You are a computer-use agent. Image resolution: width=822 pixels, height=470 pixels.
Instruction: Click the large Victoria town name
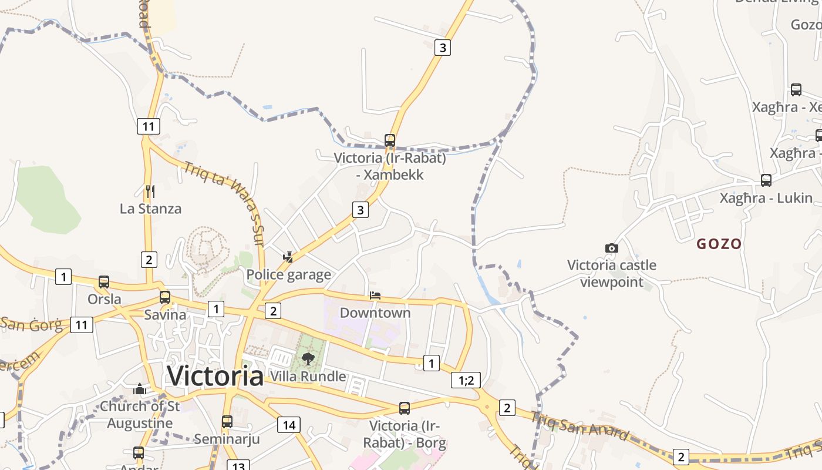[x=215, y=376]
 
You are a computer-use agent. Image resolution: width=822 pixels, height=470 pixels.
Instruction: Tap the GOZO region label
[x=719, y=244]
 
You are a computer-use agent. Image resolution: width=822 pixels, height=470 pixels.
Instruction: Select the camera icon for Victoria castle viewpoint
[x=612, y=249]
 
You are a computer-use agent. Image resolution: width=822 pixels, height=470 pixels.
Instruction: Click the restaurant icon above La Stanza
[x=150, y=191]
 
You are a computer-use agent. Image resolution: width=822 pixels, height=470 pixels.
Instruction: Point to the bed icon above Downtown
[x=375, y=295]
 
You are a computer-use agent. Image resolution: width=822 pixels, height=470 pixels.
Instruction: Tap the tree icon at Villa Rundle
[x=308, y=358]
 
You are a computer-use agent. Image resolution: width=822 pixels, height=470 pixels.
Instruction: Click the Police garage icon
[x=288, y=257]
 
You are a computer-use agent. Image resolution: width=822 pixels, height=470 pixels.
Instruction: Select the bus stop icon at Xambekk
[x=390, y=140]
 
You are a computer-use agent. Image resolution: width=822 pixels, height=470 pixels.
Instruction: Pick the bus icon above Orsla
[x=104, y=282]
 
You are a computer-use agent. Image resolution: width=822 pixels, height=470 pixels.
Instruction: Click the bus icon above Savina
[x=165, y=297]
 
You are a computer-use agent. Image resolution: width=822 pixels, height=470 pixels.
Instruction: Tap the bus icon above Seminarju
[x=227, y=421]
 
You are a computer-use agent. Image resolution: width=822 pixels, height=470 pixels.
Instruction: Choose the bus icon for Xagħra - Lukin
[x=766, y=180]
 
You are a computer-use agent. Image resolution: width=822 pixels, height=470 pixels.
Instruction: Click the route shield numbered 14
[x=288, y=425]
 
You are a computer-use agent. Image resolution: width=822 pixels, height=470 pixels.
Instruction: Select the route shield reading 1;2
[x=466, y=380]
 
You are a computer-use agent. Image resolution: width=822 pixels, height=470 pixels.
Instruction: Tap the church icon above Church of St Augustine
[x=140, y=389]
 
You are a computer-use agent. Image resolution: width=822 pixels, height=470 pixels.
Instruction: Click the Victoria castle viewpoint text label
[x=612, y=274]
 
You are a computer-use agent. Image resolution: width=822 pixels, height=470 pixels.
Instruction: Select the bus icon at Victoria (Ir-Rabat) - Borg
[x=405, y=408]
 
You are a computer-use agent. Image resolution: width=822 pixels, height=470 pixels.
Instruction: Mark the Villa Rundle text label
[x=308, y=376]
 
